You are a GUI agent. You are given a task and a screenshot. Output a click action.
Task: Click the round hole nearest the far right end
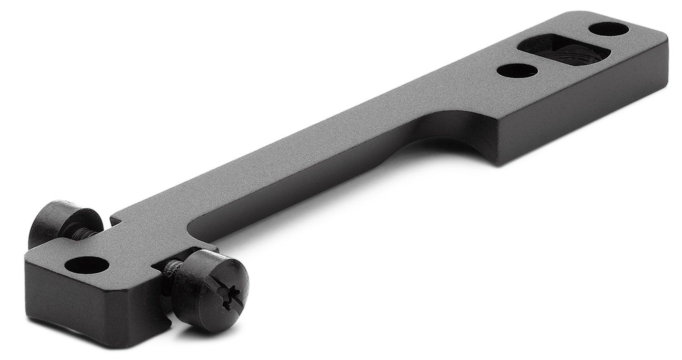(608, 30)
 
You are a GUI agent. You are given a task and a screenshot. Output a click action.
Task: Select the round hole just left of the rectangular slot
(517, 70)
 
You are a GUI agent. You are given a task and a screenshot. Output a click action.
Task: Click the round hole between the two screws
(87, 265)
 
